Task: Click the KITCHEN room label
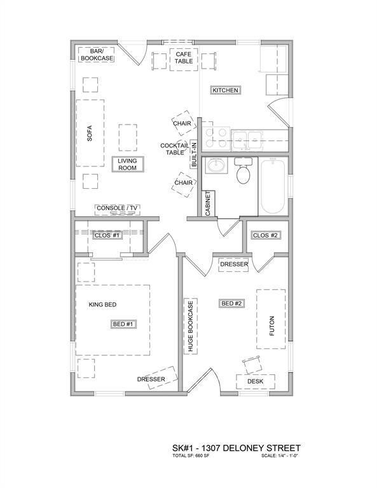pos(225,90)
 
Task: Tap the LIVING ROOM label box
pos(128,165)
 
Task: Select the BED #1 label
pos(123,324)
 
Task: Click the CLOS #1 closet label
pos(107,235)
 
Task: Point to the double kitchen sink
pos(247,137)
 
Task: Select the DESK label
pos(256,381)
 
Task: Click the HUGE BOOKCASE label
pos(189,326)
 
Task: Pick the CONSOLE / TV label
pos(117,208)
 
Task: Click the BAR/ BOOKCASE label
pos(96,54)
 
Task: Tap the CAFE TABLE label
pos(184,58)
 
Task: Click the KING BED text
pos(102,305)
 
